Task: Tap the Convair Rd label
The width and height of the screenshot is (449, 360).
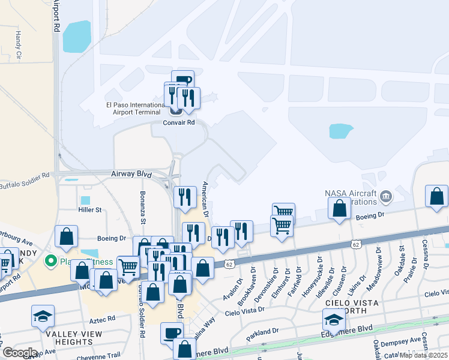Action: click(x=179, y=122)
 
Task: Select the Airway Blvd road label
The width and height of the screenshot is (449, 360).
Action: click(x=131, y=173)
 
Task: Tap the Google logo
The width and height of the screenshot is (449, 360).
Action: click(x=20, y=352)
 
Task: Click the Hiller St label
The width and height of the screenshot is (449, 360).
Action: click(x=90, y=210)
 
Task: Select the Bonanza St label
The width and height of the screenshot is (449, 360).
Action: click(x=143, y=207)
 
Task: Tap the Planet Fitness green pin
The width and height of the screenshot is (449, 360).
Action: click(x=52, y=262)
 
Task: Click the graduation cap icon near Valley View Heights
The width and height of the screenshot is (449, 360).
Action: click(x=43, y=316)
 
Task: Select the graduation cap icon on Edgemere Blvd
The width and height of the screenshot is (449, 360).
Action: click(x=334, y=319)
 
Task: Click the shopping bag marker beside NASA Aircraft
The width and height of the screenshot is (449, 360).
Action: click(x=340, y=208)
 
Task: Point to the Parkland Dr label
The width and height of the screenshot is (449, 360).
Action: click(x=262, y=331)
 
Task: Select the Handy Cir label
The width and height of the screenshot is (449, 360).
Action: click(x=18, y=46)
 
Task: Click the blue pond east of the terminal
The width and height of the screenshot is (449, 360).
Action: click(x=341, y=131)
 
